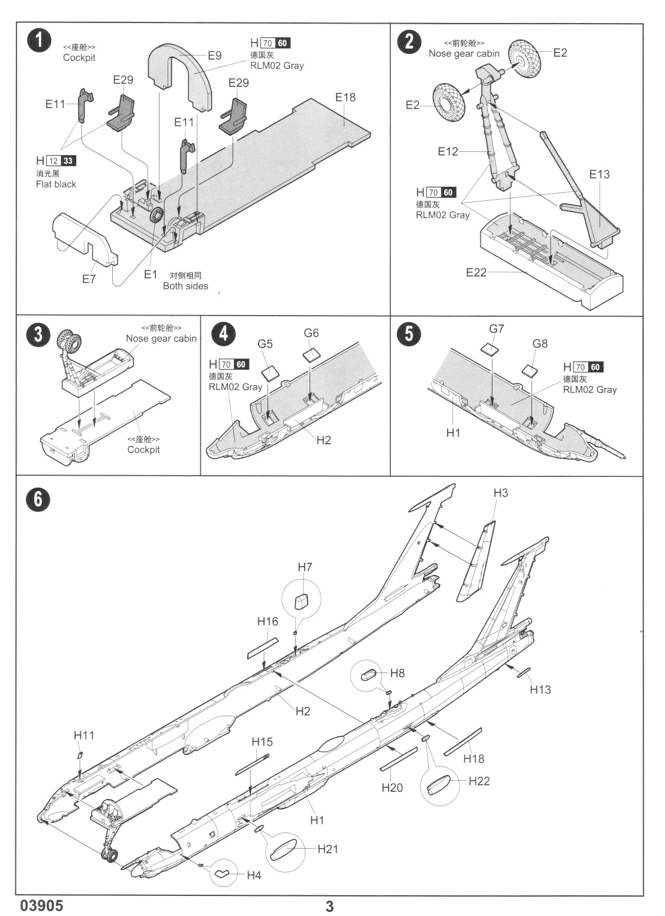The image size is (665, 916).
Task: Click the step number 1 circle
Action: coord(39,41)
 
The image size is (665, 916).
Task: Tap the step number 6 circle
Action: coord(38,499)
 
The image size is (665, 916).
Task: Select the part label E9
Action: coord(214,55)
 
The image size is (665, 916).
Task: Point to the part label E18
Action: coord(345,98)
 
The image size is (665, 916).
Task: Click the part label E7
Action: coord(89,279)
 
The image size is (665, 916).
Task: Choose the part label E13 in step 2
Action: coord(599,174)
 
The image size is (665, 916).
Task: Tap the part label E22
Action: coord(476,272)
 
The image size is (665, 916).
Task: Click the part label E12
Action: coord(448,151)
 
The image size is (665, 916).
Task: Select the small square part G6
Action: coord(312,354)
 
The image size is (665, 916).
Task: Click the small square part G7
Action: coord(490,349)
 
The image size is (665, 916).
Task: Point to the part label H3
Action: coord(501,493)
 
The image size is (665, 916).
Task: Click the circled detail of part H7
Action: coord(302,599)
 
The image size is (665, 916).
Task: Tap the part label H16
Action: coord(268,621)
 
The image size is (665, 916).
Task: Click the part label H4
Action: coord(254,875)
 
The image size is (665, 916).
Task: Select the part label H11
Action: coord(84,735)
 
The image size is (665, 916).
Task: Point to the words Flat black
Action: coord(56,184)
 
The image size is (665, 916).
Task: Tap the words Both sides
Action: coord(185,286)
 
